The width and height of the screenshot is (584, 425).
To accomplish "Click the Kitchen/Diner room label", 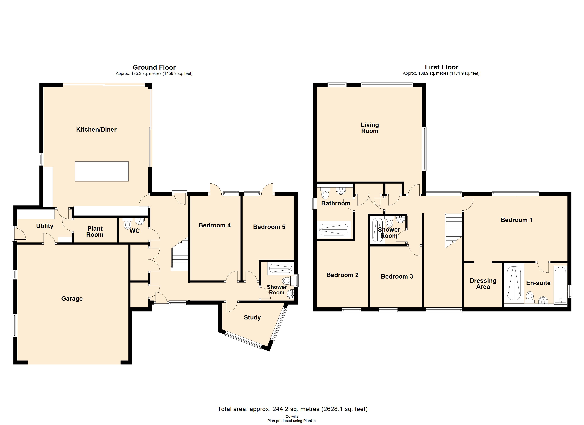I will tap(96, 129).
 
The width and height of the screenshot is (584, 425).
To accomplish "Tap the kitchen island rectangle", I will tap(102, 171).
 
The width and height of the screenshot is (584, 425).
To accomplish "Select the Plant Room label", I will tap(95, 231).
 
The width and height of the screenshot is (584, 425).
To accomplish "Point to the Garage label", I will tap(72, 298).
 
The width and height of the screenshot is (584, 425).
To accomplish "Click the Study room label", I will tap(252, 317).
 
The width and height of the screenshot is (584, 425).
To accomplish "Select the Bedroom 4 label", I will tap(214, 225).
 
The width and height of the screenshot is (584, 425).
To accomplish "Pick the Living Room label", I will tap(370, 128).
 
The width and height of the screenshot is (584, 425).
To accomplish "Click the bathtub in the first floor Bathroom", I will tap(334, 229).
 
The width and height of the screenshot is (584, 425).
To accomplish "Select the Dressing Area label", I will tap(483, 284).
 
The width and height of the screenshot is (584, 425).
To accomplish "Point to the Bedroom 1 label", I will tap(516, 220).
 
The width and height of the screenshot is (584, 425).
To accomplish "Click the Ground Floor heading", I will tap(154, 67).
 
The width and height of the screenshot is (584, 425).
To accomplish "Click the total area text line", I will tap(292, 409).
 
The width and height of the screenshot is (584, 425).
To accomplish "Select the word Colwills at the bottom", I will tap(292, 416).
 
